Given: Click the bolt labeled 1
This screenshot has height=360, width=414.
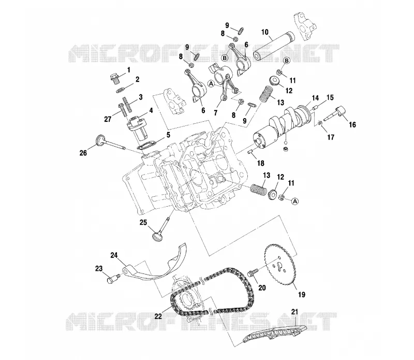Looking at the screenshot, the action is tap(115, 78).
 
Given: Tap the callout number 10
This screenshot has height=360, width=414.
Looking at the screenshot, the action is tap(265, 32).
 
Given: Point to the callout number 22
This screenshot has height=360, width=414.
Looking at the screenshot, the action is tap(158, 316).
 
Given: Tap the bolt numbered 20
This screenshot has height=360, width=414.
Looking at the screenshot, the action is tap(252, 273).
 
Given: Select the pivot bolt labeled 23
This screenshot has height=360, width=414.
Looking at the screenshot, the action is tap(113, 278).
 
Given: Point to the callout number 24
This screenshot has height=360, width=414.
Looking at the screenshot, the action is tap(114, 255).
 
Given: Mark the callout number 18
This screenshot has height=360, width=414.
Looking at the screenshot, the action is tap(261, 163).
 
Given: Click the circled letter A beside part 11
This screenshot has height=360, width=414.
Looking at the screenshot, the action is tap(295, 201).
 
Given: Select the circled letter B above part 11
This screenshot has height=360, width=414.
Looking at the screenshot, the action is tap(287, 61).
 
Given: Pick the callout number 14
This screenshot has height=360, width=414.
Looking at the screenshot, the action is tap(315, 98).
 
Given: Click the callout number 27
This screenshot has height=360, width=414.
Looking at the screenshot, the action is tap(108, 120).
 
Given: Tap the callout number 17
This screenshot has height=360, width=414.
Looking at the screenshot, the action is tap(331, 137).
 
